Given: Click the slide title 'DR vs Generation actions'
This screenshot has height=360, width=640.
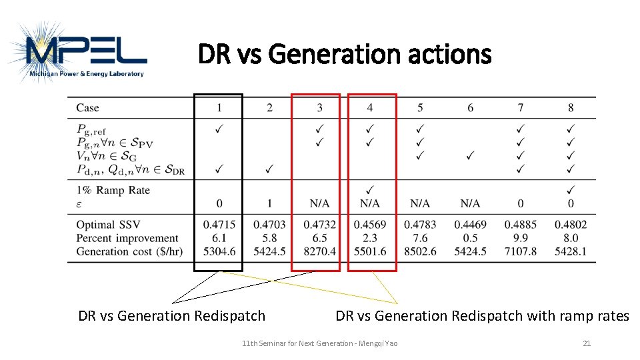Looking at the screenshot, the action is pos(344,54).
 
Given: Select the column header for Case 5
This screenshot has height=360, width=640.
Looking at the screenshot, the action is pos(420,107).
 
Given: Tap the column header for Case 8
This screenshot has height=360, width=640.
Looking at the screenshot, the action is pos(571,107).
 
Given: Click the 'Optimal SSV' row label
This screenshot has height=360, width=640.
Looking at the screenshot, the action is pos(108,225).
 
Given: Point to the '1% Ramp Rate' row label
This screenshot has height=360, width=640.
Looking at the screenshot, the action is pos(113,190).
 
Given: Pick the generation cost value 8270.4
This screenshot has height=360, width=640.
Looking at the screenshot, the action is pos(319,251).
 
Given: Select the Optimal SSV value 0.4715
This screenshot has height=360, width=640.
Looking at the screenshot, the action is pos(219,225).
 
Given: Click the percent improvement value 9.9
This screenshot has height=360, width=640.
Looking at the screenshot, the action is pos(521,238).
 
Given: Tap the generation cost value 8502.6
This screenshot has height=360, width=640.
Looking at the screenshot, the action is pos(420,251).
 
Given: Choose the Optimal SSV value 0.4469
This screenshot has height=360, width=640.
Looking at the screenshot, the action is pos(471,225).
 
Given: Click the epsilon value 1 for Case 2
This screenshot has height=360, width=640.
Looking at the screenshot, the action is pos(269,203).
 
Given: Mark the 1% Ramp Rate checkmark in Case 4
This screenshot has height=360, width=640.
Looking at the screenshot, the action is pos(370,190).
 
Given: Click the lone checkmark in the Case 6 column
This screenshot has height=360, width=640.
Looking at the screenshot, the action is pos(471,155).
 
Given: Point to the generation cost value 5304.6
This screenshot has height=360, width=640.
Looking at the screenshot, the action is pos(219,251).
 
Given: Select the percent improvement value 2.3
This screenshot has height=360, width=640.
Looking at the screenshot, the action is pos(370,238).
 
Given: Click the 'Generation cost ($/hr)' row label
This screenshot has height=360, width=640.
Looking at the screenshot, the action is pos(129,251).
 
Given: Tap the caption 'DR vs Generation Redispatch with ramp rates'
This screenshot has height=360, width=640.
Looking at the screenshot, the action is pos(482,316).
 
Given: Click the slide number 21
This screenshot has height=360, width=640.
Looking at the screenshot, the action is pos(587,343).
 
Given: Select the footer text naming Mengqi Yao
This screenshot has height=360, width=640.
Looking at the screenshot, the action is pos(320,343).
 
